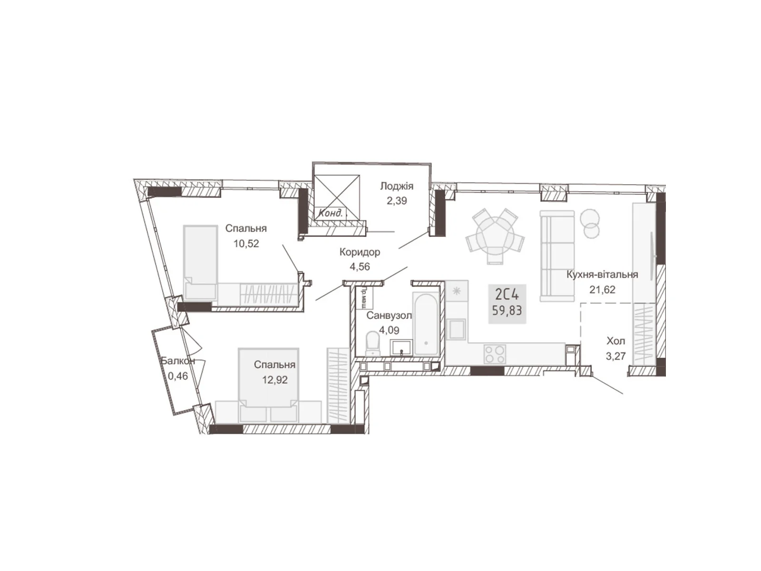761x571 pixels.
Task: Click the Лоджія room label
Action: (397, 186)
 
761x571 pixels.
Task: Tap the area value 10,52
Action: (246, 243)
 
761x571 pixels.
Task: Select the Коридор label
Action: (360, 252)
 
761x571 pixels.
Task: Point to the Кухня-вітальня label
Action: (602, 275)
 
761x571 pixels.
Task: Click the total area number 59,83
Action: (507, 310)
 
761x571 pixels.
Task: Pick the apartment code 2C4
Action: (507, 295)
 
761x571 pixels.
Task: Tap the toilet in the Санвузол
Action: (373, 344)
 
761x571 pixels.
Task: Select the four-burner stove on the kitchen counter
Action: (495, 354)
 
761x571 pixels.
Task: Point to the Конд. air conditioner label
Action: (331, 213)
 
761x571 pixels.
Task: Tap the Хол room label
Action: (616, 341)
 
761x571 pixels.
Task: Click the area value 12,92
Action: (275, 380)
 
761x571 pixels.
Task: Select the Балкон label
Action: (178, 361)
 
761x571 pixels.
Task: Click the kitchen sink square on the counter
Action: (457, 329)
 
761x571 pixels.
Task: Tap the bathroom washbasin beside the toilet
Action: (401, 347)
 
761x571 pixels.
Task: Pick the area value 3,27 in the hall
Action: (616, 356)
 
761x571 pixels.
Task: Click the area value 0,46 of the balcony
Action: (178, 376)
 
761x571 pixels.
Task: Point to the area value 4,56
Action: (360, 266)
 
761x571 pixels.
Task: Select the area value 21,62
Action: (603, 289)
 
